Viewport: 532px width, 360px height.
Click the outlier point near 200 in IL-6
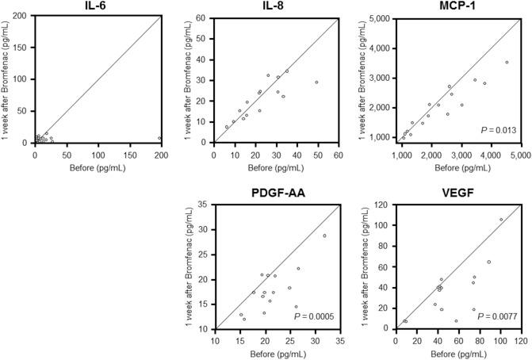pos(159,138)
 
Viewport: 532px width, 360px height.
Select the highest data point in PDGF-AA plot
pos(324,236)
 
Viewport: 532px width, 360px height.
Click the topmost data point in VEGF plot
pos(500,220)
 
